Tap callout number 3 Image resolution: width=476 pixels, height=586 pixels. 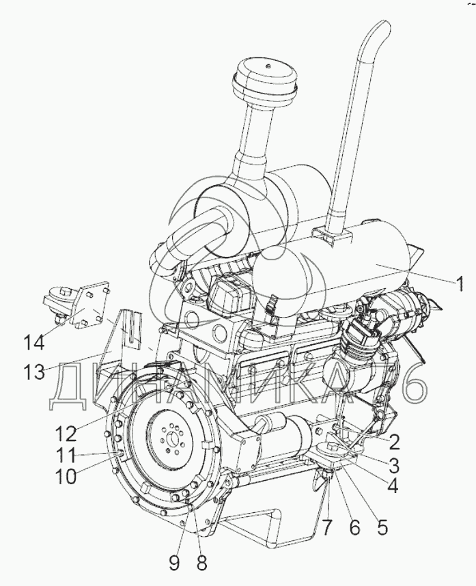click(x=393, y=466)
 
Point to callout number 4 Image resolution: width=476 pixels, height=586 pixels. click(x=392, y=486)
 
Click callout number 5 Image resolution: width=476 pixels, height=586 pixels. click(x=382, y=527)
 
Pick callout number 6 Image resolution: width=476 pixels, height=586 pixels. click(x=354, y=527)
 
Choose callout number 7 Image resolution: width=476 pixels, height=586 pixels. click(x=327, y=527)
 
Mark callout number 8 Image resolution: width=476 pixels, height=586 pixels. click(x=201, y=563)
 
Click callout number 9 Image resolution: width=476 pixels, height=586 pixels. click(x=174, y=563)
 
